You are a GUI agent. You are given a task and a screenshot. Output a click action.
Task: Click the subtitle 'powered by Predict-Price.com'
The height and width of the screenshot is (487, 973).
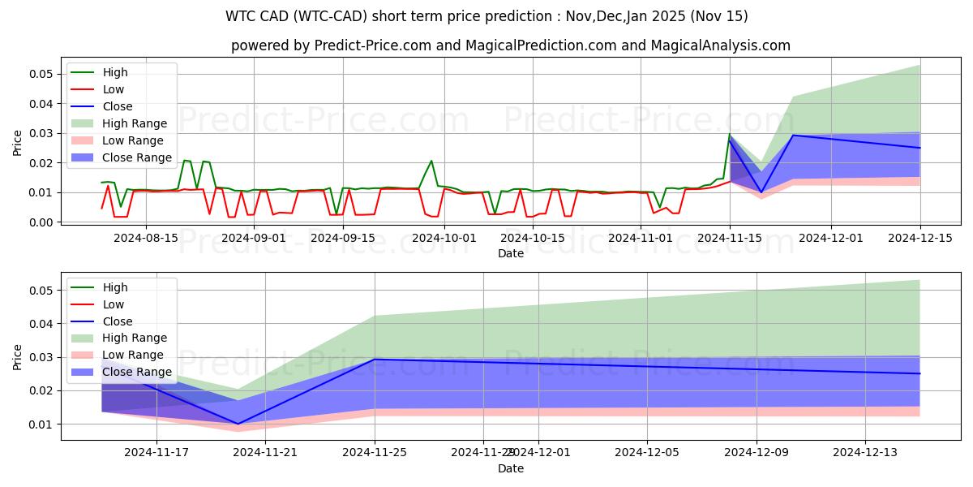[x=510, y=45]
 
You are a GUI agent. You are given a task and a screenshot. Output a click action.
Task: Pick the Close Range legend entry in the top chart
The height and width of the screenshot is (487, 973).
[x=136, y=157]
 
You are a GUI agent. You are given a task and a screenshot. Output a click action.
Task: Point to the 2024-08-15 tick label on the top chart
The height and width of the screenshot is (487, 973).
[x=145, y=238]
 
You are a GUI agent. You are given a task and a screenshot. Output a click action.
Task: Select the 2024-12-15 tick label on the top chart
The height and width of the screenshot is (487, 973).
[x=919, y=238]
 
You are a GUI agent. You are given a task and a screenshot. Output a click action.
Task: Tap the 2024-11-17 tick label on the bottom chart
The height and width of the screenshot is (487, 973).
[x=156, y=453]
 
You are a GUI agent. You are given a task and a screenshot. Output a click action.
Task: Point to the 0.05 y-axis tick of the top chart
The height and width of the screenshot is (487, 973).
[x=41, y=74]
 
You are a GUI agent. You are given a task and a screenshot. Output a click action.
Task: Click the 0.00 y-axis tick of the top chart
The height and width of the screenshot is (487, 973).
[x=41, y=222]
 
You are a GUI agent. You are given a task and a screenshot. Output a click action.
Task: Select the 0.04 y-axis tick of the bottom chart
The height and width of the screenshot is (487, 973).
[x=41, y=324]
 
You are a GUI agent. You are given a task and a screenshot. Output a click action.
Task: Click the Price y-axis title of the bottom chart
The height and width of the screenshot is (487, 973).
[x=18, y=356]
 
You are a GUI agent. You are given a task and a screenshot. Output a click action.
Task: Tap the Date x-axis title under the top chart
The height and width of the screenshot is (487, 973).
[x=510, y=253]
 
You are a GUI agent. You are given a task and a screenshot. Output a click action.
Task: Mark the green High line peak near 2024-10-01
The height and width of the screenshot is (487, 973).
[x=431, y=161]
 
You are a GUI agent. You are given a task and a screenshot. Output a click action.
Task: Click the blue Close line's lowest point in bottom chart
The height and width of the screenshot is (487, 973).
[x=238, y=424]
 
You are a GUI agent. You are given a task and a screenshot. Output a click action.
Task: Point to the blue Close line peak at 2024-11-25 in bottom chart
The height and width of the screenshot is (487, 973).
[x=375, y=359]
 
